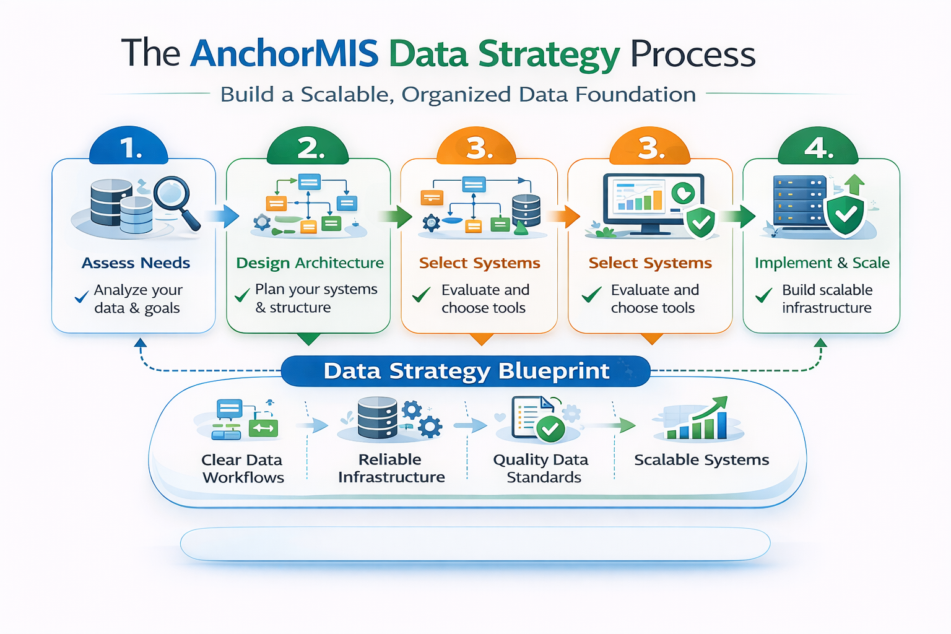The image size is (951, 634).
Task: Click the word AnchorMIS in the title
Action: point(284,53)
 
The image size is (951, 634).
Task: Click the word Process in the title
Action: point(693,54)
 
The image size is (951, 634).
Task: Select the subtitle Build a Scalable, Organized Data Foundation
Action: point(458,95)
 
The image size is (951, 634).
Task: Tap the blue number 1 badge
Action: point(129,148)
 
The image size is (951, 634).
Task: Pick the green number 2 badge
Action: point(308,148)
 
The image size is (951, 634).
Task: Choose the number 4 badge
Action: point(818,148)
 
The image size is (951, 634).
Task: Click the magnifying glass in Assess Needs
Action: point(175,199)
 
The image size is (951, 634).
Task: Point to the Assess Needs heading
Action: point(136,263)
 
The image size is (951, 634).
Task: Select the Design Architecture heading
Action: point(310,263)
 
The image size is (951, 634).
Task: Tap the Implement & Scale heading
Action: point(822,263)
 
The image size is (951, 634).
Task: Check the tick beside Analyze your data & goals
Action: point(81,298)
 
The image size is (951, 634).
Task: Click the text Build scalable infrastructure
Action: point(827,299)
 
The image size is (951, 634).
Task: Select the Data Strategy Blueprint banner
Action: point(466,371)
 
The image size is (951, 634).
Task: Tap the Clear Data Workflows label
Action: point(243,469)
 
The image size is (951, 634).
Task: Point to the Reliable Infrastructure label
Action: point(391,469)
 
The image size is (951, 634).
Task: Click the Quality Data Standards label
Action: point(541,469)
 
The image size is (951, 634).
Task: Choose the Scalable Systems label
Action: point(701,460)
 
